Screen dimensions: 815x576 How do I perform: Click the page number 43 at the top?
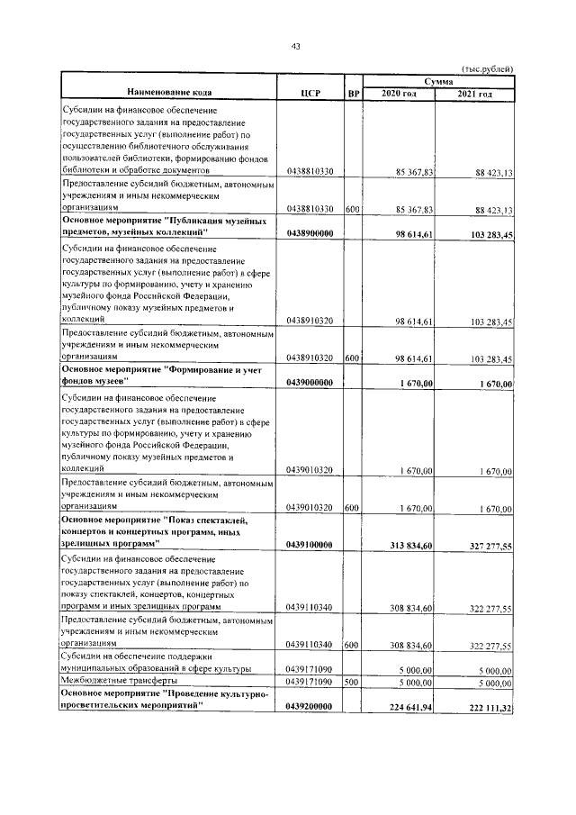pos(294,47)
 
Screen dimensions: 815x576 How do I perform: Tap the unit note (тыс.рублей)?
pos(487,68)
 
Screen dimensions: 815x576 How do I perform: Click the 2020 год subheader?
pos(399,94)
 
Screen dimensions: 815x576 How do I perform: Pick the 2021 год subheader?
pos(474,94)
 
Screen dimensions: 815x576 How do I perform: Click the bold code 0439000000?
pos(310,383)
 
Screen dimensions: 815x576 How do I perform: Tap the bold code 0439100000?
pos(310,545)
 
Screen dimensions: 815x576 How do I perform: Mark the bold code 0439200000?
pos(310,707)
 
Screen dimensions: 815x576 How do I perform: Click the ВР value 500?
pos(352,683)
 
